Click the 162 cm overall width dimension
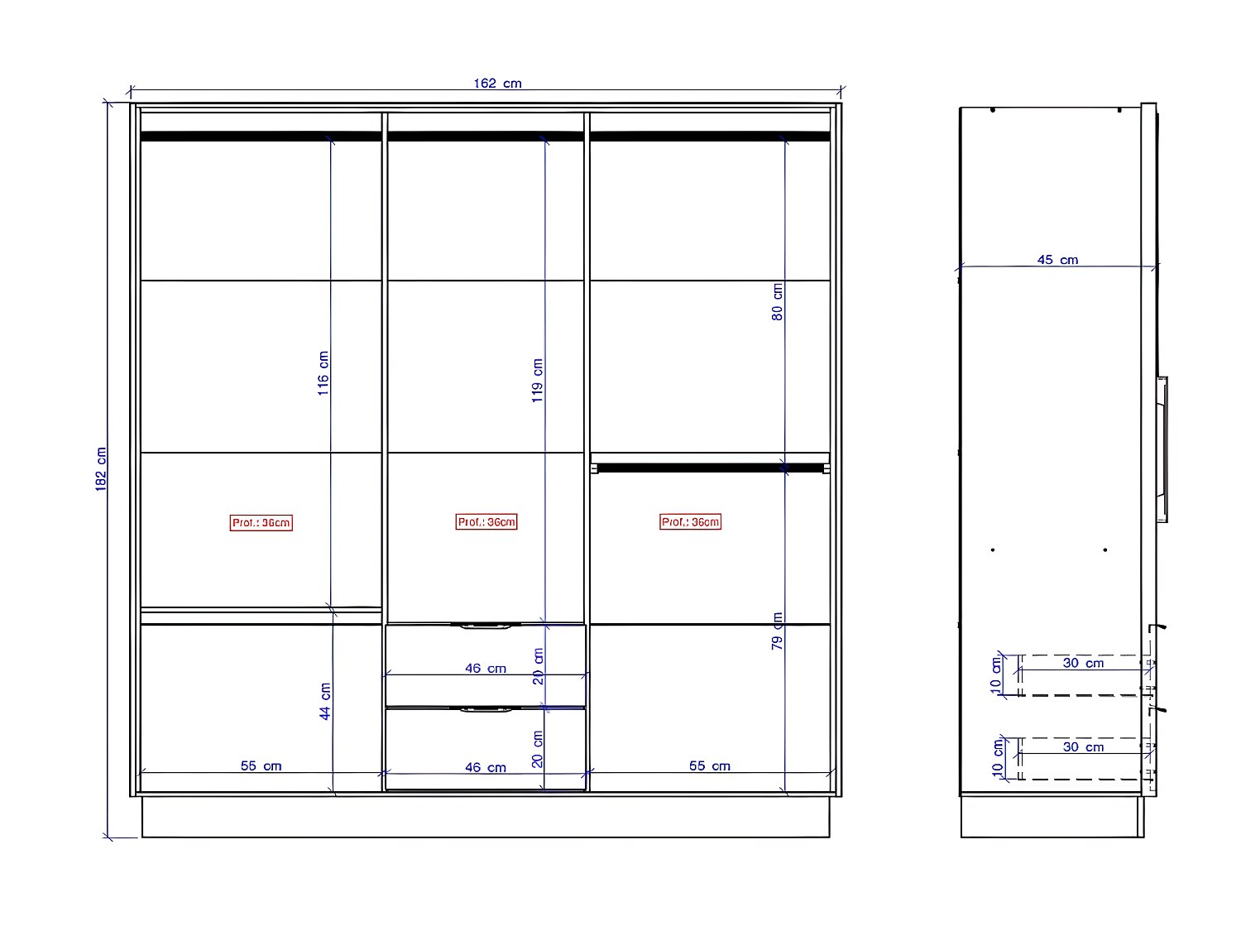tap(497, 83)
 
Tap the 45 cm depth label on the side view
tap(1057, 260)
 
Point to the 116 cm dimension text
tap(323, 373)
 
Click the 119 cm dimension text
tap(538, 381)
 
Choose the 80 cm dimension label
tap(778, 302)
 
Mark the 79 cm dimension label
tap(778, 631)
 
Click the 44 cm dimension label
tap(325, 701)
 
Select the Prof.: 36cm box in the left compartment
tap(261, 522)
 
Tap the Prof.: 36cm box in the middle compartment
tap(486, 522)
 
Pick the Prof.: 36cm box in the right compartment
tap(691, 522)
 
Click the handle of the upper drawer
tap(486, 626)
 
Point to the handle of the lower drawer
tap(486, 710)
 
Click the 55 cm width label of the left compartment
tap(261, 766)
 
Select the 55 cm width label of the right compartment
tap(710, 766)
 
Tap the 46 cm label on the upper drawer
tap(486, 668)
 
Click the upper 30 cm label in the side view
tap(1083, 663)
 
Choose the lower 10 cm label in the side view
tap(999, 757)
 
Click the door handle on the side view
tap(1162, 448)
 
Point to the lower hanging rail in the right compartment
tap(710, 468)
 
